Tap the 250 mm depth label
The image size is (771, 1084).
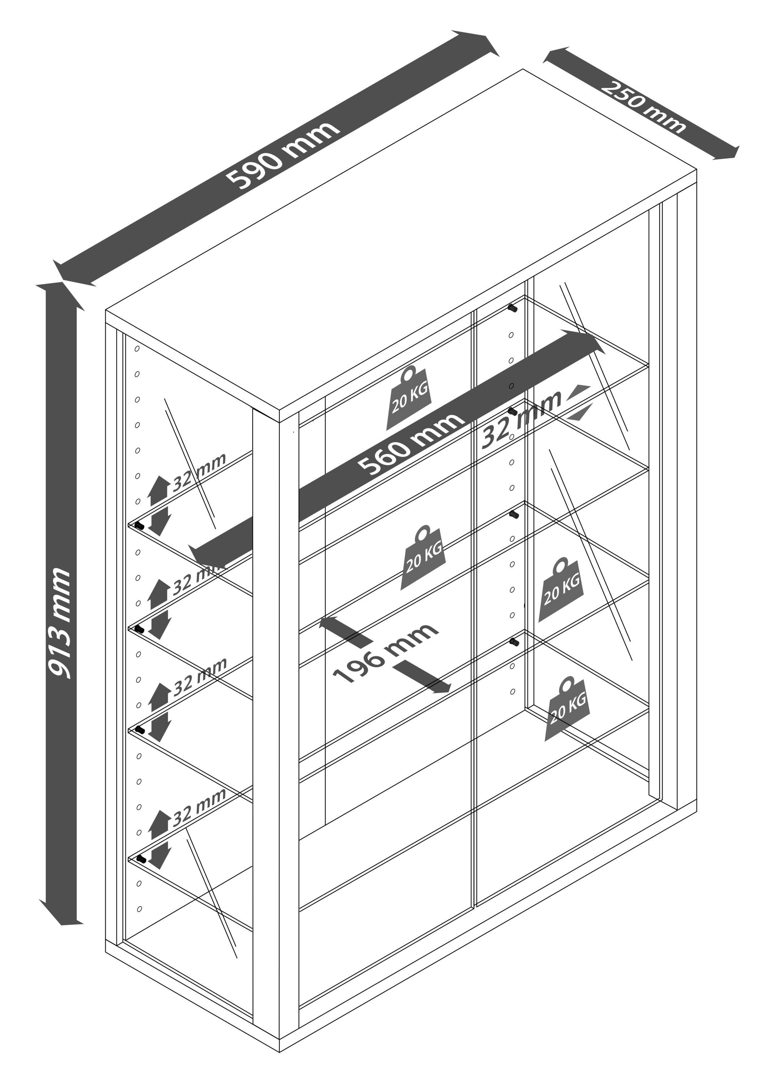coord(643,107)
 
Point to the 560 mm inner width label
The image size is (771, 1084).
coord(410,444)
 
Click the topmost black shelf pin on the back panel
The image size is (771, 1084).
coord(512,308)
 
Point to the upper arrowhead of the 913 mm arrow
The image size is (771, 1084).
coord(61,294)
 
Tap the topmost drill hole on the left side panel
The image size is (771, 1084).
coord(137,348)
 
